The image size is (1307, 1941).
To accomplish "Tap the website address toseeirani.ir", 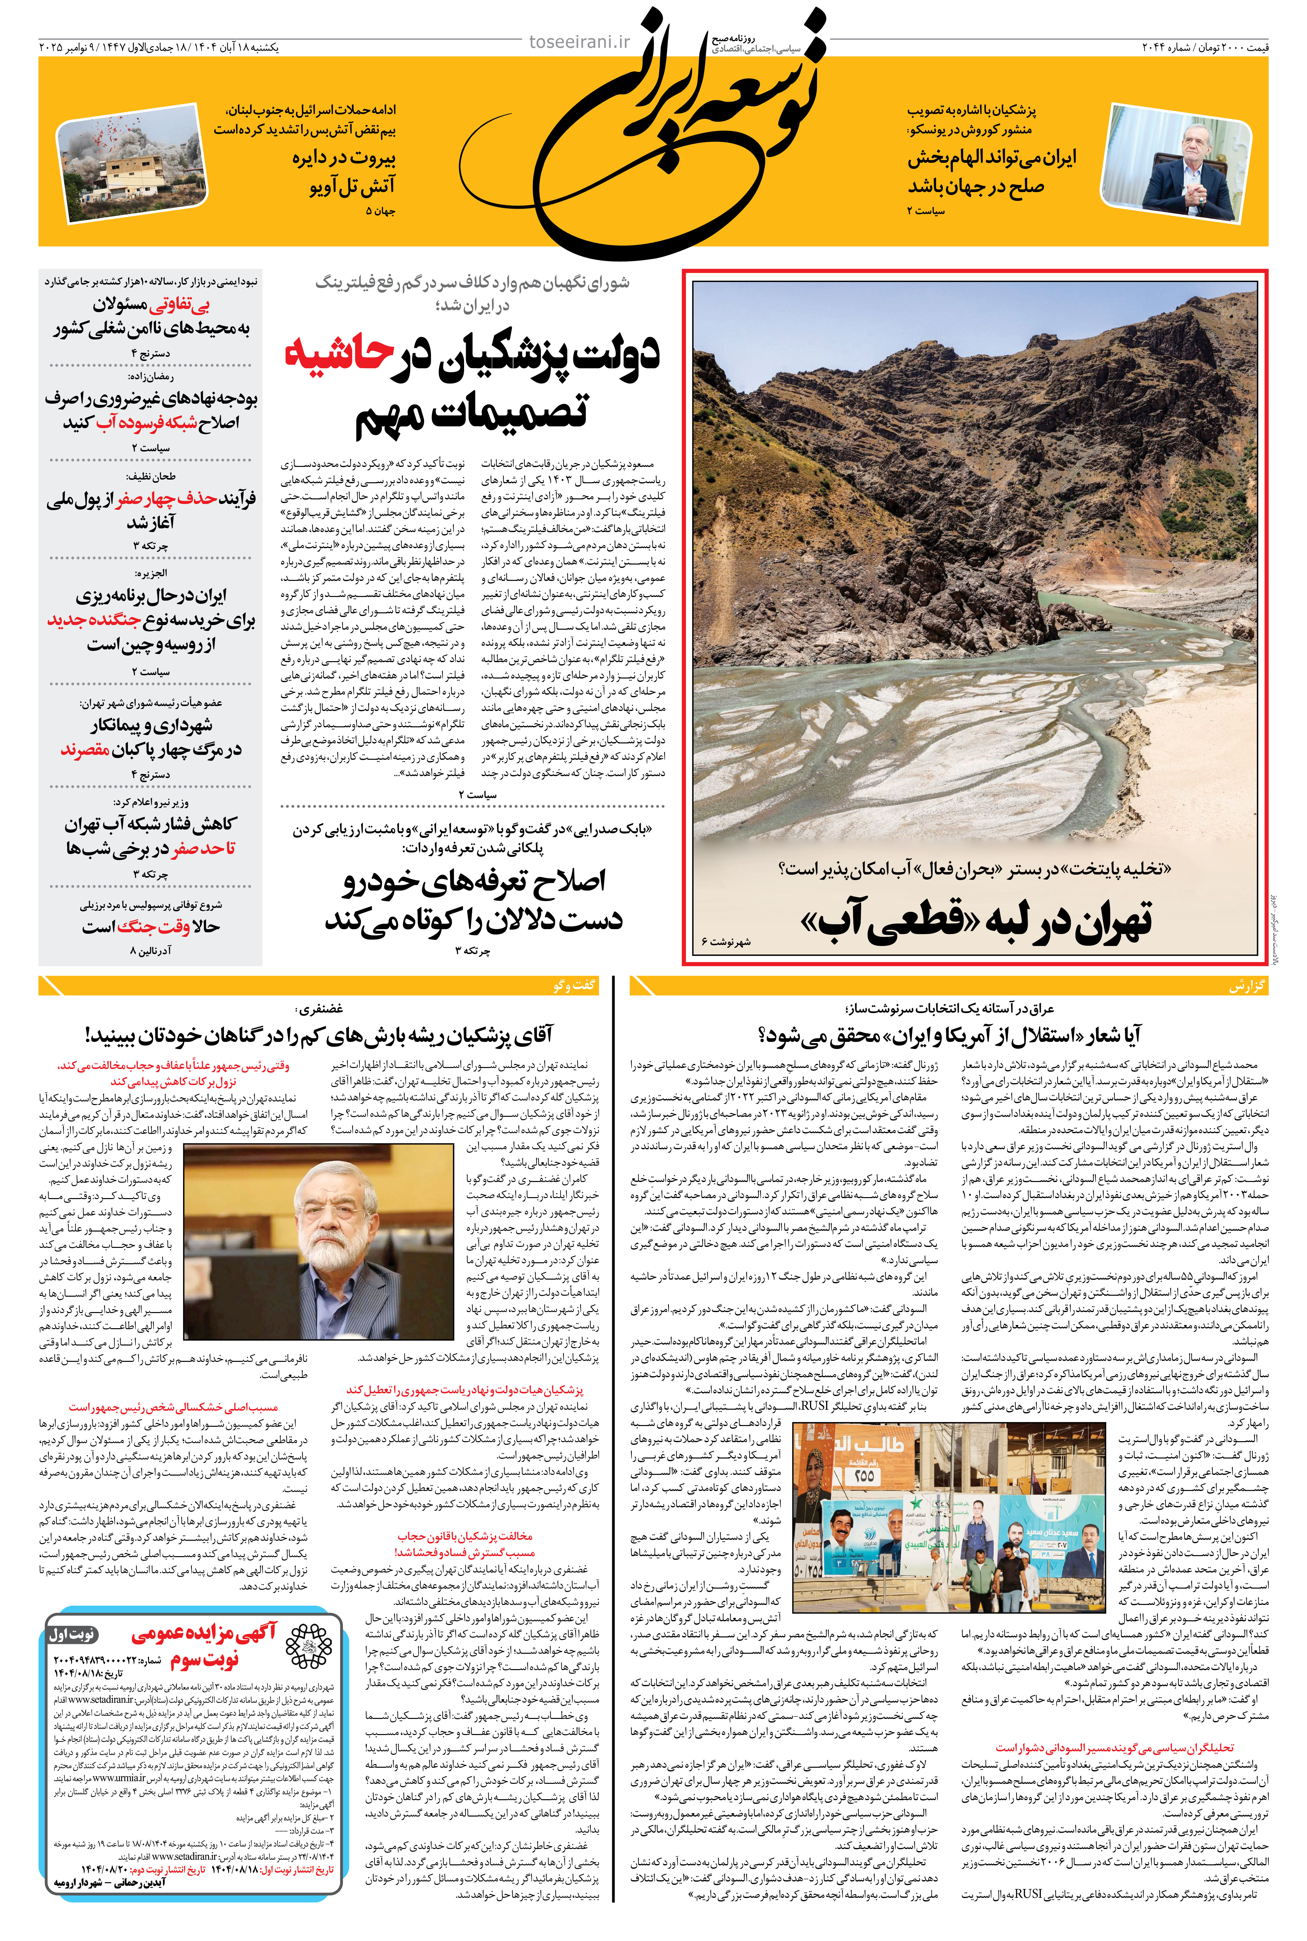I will (580, 42).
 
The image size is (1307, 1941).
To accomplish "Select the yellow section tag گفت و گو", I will (574, 986).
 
